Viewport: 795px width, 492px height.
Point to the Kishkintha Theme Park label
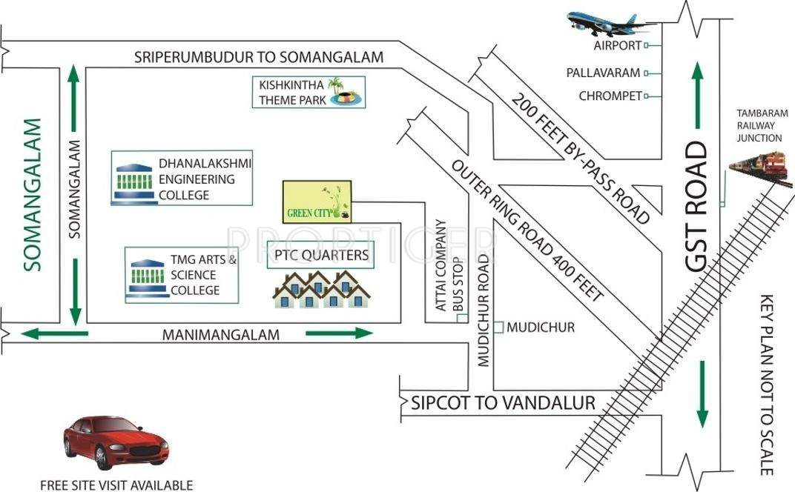[291, 92]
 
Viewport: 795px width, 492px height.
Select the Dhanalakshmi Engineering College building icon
[134, 182]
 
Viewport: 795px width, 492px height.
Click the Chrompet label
[610, 96]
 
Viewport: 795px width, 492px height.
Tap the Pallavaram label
[604, 73]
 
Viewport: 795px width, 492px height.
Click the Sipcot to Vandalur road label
[504, 403]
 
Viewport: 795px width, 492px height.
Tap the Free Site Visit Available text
[116, 485]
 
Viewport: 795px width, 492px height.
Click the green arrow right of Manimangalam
[339, 333]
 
